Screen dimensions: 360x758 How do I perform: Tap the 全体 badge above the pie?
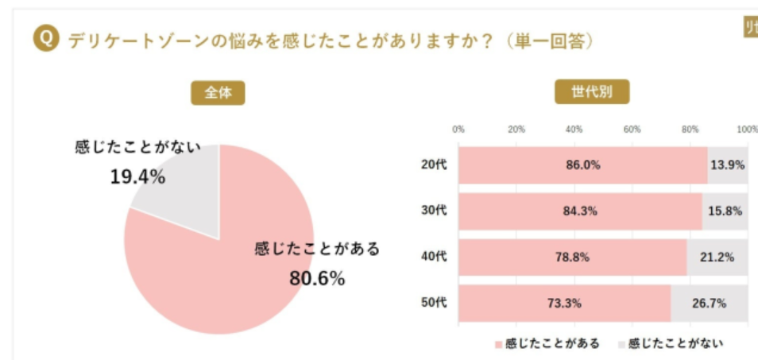pos(218,93)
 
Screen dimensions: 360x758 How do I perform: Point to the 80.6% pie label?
pos(317,279)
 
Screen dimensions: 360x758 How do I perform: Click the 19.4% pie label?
pos(137,176)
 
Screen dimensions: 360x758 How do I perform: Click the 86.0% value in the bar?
pos(583,165)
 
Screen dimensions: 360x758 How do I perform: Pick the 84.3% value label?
pos(581,211)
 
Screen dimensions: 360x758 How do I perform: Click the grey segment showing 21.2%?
pos(717,257)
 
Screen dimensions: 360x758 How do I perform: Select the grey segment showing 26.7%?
pos(709,303)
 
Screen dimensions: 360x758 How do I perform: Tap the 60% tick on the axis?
pos(632,130)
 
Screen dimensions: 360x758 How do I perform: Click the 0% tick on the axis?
pos(458,130)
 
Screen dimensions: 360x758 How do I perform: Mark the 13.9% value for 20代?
pos(728,165)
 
